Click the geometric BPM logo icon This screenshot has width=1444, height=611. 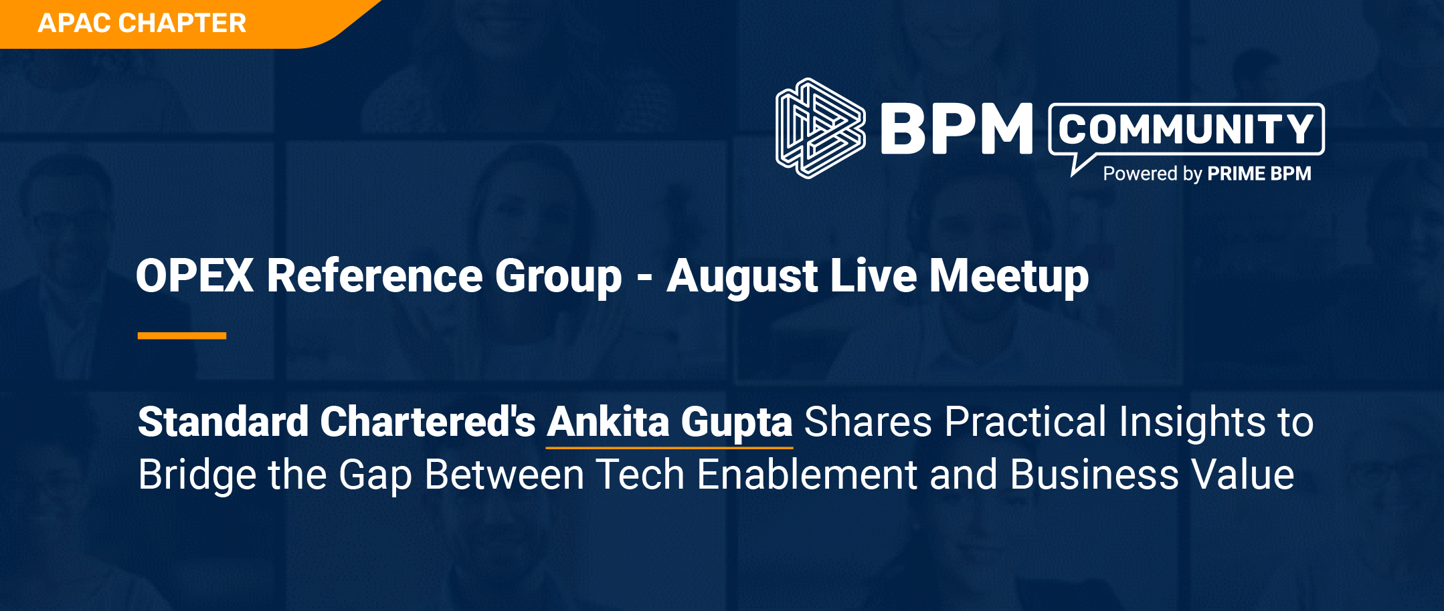(x=820, y=128)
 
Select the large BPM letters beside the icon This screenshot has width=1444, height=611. (x=957, y=128)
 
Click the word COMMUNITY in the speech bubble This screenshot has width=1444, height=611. (x=1186, y=129)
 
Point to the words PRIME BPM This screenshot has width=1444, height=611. (x=1259, y=174)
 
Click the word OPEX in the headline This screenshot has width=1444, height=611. (x=195, y=275)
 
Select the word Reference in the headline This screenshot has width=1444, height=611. (x=375, y=275)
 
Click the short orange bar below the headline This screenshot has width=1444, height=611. (x=182, y=336)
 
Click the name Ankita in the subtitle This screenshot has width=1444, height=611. (x=608, y=422)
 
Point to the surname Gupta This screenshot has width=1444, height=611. (x=737, y=424)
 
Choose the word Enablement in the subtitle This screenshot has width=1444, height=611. (x=807, y=475)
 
